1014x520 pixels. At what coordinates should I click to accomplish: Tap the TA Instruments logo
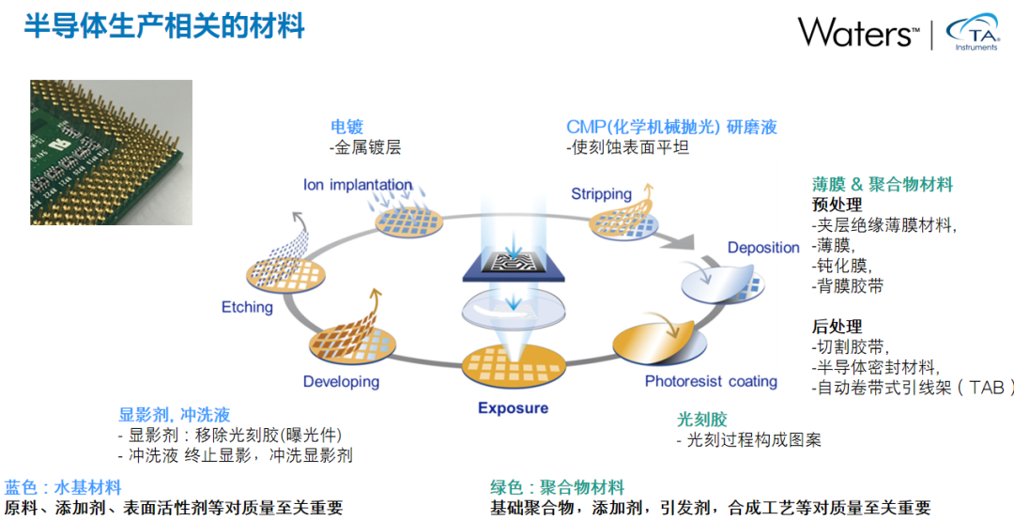[974, 34]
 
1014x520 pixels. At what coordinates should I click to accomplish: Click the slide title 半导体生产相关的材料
[164, 26]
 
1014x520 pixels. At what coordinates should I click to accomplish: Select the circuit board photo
[111, 152]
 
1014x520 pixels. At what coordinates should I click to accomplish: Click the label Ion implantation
[357, 185]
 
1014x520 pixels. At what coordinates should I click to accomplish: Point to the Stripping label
[601, 194]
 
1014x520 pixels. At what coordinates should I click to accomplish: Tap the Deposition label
[763, 248]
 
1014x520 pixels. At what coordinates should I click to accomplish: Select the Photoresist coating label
[711, 381]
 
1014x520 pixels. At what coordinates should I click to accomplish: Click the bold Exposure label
[513, 408]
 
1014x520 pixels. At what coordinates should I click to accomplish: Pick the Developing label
[341, 382]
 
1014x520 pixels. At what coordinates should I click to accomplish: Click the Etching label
[247, 307]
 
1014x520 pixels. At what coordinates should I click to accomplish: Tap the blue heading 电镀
[346, 127]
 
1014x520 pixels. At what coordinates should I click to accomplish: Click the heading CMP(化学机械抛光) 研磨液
[671, 127]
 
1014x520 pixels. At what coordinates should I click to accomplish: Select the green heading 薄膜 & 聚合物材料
[882, 184]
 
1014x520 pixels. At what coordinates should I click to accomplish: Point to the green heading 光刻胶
[702, 420]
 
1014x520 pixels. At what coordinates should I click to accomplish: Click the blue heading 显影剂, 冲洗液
[174, 414]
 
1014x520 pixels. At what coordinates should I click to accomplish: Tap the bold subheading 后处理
[837, 327]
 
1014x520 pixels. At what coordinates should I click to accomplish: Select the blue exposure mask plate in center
[512, 265]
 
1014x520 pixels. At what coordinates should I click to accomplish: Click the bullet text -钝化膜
[839, 266]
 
